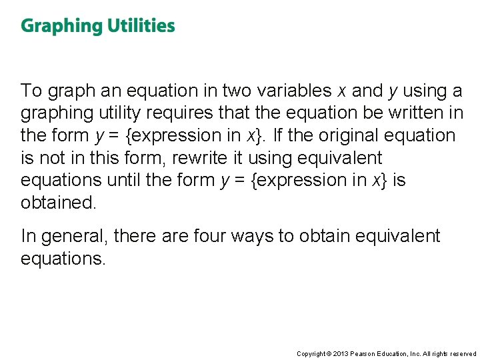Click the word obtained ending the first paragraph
click(x=59, y=203)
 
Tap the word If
click(x=279, y=135)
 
